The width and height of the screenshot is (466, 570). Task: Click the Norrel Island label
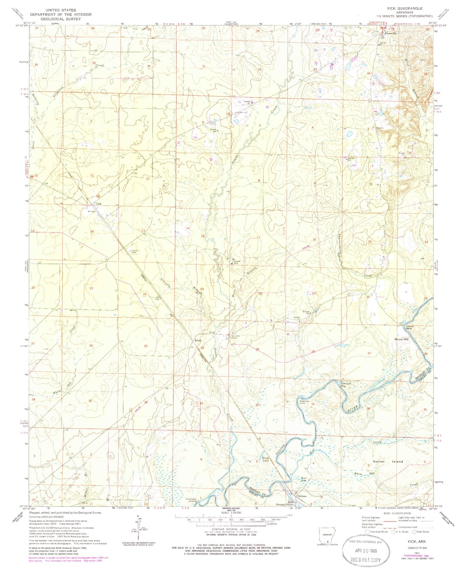pyautogui.click(x=388, y=470)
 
